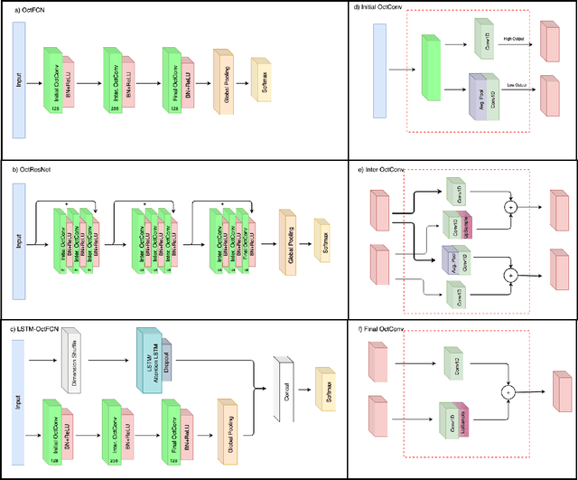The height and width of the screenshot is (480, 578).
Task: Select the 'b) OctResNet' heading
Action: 32,169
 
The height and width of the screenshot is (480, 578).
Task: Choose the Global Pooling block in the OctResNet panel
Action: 290,237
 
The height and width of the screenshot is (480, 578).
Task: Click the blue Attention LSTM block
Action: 148,360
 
